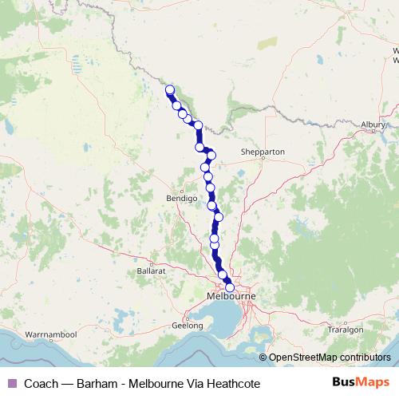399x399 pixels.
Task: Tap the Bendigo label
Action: (x=181, y=196)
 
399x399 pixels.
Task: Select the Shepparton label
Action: (x=263, y=152)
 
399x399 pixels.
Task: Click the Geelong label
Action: (x=188, y=326)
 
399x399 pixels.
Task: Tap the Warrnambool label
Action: (x=49, y=332)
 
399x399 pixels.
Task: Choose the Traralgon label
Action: (x=348, y=328)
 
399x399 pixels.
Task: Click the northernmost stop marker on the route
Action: (x=169, y=89)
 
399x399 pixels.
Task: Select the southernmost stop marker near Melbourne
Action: (x=230, y=287)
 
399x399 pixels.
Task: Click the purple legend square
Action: (x=11, y=384)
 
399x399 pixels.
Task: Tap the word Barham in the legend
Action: (x=89, y=384)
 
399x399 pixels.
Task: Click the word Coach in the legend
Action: (x=41, y=384)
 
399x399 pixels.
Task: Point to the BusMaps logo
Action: (x=360, y=383)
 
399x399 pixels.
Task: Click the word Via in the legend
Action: (x=191, y=384)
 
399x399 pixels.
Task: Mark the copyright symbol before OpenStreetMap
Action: (x=263, y=358)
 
